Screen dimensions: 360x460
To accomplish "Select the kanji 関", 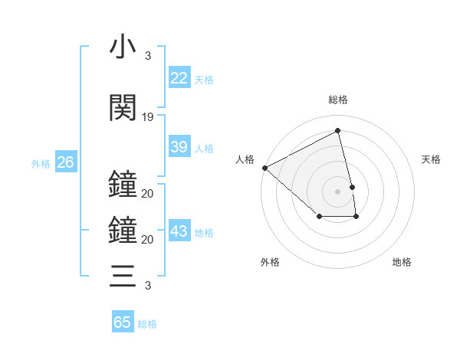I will coord(123,108).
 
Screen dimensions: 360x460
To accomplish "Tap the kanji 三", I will coord(123,275).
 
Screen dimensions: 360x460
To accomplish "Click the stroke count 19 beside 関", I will coord(148,117).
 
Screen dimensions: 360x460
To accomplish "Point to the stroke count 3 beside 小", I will coord(147,56).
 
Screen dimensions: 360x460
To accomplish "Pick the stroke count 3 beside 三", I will coord(147,286).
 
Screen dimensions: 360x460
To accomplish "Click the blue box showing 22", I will coord(179,78).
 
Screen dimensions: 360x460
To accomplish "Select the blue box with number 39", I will coord(179,147).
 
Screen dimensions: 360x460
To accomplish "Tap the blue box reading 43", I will coord(179,231).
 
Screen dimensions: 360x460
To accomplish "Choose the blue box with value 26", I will coord(65,162).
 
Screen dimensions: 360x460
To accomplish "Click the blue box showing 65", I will coord(123,322).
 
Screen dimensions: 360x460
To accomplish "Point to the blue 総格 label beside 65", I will coord(147,324).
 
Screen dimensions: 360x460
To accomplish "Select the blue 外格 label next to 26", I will coord(41,164).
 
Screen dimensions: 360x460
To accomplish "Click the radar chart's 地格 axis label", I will coord(402,262).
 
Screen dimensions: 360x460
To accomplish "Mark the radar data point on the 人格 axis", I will coord(264,167).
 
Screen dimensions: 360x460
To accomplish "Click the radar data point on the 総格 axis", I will coord(338,131).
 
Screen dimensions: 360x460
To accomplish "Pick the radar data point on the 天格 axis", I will coord(352,187).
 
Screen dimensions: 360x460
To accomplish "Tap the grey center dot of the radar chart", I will coord(337,191).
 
